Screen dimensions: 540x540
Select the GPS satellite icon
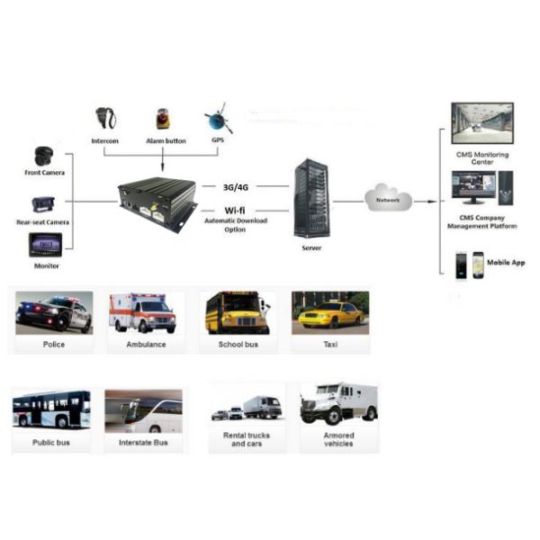[x=217, y=119]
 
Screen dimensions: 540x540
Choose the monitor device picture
[x=44, y=245]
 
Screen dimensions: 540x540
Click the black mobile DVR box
[x=157, y=202]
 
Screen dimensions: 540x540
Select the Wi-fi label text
[x=237, y=210]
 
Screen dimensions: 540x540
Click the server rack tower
[x=309, y=199]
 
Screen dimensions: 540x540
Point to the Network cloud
[x=388, y=198]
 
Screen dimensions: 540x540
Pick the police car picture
[x=54, y=313]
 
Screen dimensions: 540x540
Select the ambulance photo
[x=143, y=313]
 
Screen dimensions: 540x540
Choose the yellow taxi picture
[x=329, y=313]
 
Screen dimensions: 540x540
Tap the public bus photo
[x=51, y=409]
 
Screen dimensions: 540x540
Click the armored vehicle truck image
[x=338, y=404]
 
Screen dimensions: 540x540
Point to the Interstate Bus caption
[x=143, y=443]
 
